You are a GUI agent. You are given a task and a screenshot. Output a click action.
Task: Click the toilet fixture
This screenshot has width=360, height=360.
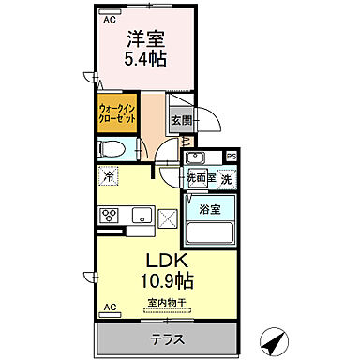(112, 148)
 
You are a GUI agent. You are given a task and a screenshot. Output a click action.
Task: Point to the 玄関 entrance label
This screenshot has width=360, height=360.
(181, 120)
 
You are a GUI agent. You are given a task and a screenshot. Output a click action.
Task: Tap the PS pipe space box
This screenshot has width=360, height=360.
(231, 156)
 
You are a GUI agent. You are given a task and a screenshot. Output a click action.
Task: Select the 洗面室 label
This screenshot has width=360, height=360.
(198, 178)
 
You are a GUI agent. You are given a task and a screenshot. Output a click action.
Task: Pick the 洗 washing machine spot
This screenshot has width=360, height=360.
(225, 177)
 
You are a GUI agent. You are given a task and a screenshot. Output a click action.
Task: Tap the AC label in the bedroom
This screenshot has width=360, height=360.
(109, 18)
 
